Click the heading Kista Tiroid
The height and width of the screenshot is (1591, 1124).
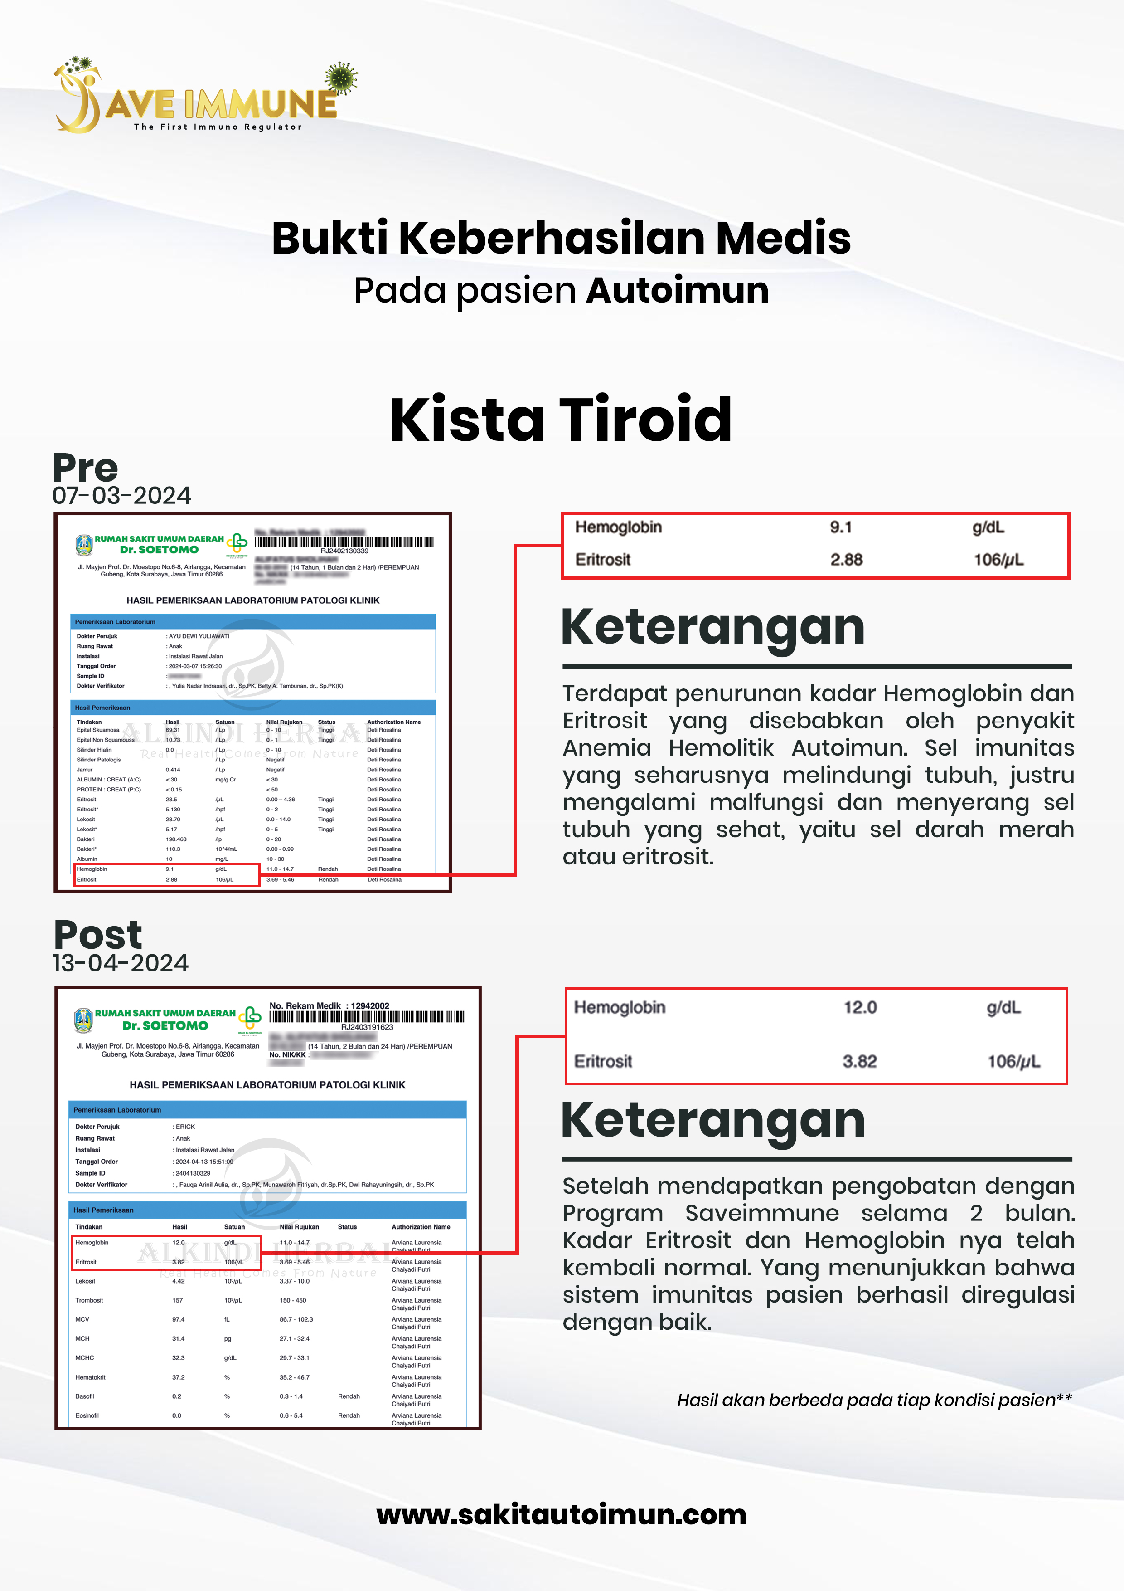[561, 420]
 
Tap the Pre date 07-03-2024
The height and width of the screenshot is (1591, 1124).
[122, 495]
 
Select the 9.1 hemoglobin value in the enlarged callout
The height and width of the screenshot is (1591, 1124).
[841, 527]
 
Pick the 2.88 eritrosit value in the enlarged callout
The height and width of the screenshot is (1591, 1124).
[846, 560]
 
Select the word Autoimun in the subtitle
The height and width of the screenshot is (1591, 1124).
[677, 290]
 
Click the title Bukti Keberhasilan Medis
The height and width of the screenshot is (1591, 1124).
[561, 238]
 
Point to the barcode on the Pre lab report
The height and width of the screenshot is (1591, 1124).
[344, 542]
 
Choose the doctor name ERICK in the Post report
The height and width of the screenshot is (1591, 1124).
[186, 1127]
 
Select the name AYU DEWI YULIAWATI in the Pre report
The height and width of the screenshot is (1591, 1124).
[199, 636]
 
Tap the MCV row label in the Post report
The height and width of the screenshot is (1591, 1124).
[82, 1319]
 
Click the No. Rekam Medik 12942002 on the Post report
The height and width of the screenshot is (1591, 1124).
[329, 1005]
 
